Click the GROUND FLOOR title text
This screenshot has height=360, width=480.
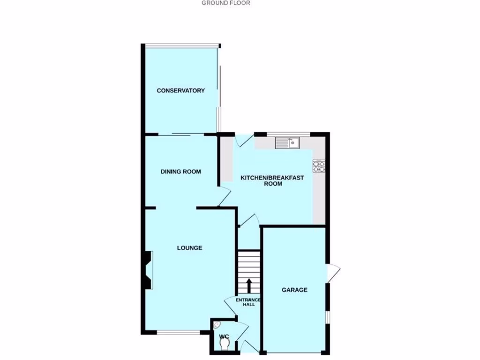[x=225, y=3]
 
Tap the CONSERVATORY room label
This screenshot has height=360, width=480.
[x=180, y=90]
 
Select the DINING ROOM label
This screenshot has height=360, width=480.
[x=180, y=172]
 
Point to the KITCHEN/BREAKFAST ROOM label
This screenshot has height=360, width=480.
[x=272, y=181]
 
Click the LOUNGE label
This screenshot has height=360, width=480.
[x=189, y=248]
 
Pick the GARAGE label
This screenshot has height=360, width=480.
[x=294, y=290]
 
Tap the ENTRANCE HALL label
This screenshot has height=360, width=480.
[x=248, y=302]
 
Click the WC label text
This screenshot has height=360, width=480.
[x=224, y=337]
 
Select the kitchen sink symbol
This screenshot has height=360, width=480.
[x=287, y=142]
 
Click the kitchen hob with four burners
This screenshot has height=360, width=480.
[x=319, y=166]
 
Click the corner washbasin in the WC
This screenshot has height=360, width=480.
[x=217, y=324]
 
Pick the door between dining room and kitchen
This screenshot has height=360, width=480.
[x=224, y=196]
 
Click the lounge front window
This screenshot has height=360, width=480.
[x=179, y=333]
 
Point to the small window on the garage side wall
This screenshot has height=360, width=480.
[x=328, y=317]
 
